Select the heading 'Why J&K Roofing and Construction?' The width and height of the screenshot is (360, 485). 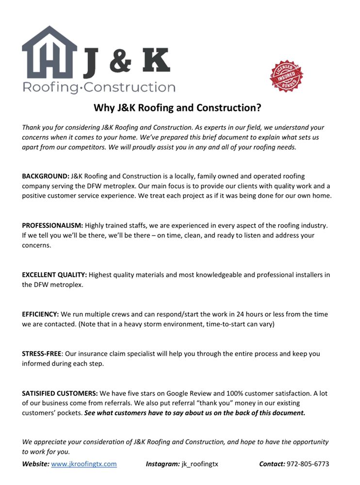pyautogui.click(x=178, y=108)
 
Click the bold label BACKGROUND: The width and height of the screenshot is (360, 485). pyautogui.click(x=46, y=176)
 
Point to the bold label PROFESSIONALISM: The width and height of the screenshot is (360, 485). pyautogui.click(x=53, y=226)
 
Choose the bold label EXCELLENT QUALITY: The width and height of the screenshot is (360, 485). pyautogui.click(x=54, y=275)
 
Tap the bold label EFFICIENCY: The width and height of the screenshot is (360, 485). pyautogui.click(x=40, y=314)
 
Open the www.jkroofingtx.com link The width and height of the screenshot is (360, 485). pyautogui.click(x=84, y=464)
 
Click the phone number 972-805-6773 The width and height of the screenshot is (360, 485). pyautogui.click(x=308, y=464)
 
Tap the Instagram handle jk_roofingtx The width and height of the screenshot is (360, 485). pyautogui.click(x=200, y=464)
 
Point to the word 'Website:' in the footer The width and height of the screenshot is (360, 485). pyautogui.click(x=35, y=464)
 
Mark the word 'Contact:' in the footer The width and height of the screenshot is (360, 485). pyautogui.click(x=272, y=464)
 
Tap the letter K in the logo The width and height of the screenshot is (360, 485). pyautogui.click(x=154, y=61)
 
